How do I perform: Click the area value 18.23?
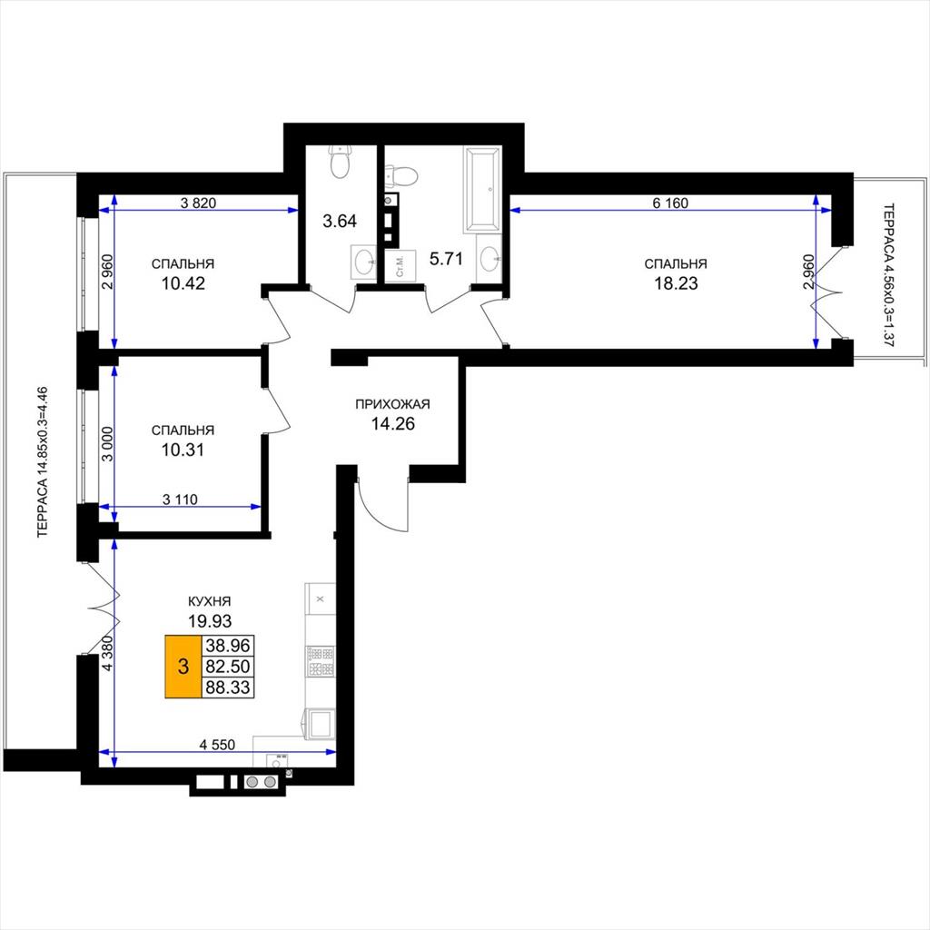(x=676, y=283)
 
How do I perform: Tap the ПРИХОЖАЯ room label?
(x=392, y=404)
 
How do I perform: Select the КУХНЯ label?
(x=210, y=601)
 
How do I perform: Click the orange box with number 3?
(x=183, y=666)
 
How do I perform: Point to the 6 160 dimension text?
(x=670, y=203)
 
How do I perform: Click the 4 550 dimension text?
(x=217, y=745)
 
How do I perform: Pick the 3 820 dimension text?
(x=198, y=203)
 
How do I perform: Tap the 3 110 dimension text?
(x=180, y=500)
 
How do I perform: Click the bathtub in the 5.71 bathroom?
(x=482, y=189)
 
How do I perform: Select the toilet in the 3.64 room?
(x=341, y=162)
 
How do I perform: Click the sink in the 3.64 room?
(x=363, y=261)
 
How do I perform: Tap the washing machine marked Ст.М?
(x=400, y=265)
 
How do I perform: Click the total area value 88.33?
(x=228, y=688)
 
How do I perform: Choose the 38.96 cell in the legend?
(x=228, y=645)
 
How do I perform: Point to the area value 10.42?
(x=183, y=283)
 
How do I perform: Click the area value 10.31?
(x=183, y=450)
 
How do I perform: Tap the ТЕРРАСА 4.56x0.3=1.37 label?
(x=888, y=275)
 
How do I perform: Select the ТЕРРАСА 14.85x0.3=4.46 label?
(x=42, y=462)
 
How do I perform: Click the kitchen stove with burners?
(x=321, y=662)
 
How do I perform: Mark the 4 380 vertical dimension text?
(x=107, y=653)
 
